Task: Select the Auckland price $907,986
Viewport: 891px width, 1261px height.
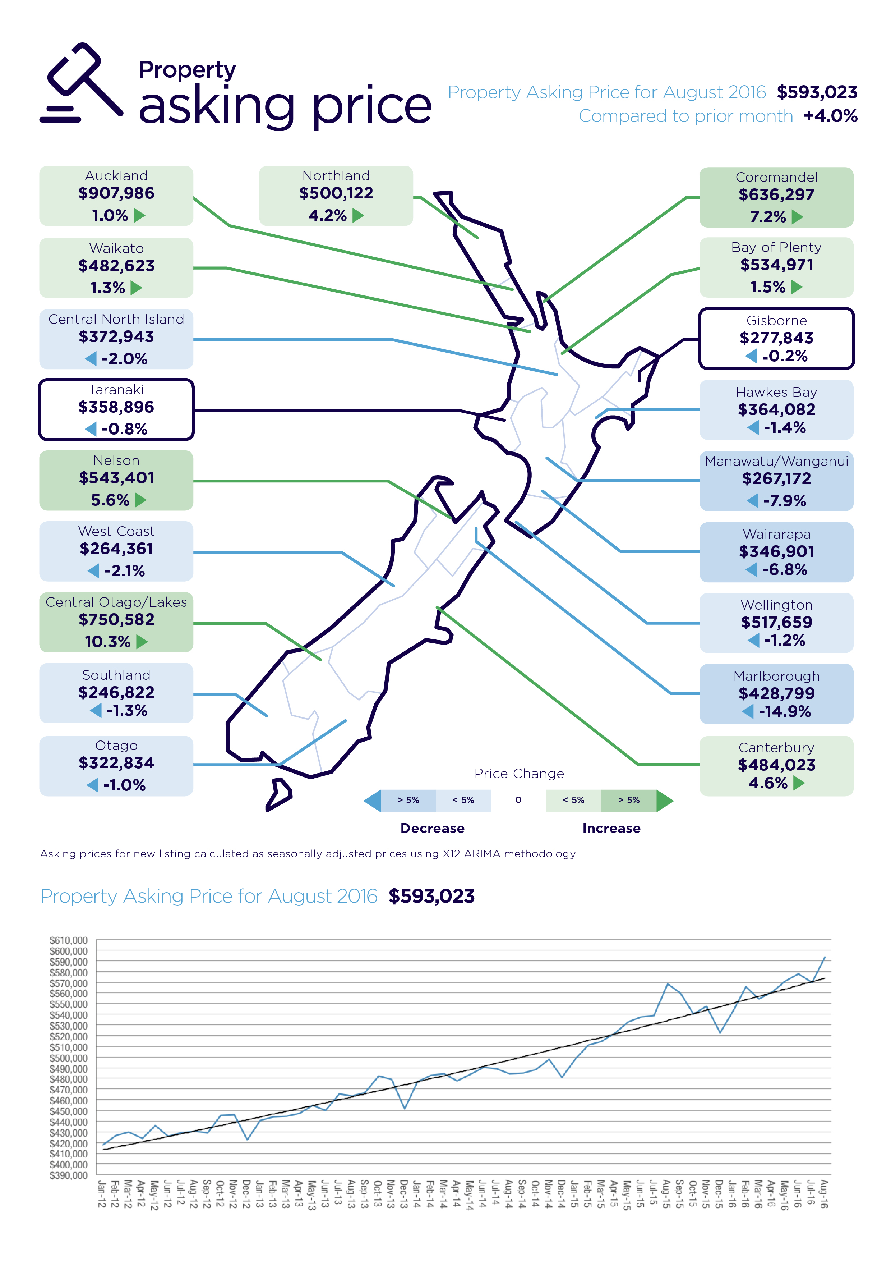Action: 116,193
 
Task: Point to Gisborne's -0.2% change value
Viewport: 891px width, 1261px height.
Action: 785,357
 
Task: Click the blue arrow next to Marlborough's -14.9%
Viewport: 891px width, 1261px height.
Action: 748,712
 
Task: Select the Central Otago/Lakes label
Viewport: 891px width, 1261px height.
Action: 116,602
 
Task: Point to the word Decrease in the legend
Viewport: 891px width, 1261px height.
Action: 432,828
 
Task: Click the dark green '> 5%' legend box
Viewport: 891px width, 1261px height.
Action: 629,800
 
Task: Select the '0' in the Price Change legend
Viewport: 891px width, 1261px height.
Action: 518,800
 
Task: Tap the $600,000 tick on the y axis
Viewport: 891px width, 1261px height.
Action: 69,951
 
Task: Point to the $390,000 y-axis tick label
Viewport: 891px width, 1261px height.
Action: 69,1176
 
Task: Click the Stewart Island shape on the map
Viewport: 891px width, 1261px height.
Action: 278,794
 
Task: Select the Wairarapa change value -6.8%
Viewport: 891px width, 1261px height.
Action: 785,570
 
